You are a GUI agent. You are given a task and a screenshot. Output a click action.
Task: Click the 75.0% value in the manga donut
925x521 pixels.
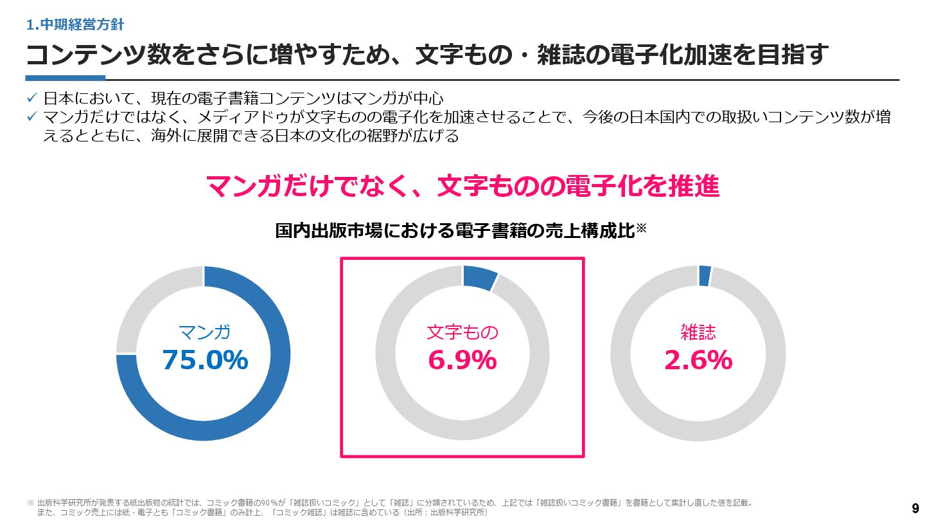[205, 360]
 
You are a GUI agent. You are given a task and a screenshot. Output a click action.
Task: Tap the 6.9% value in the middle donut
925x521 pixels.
[462, 360]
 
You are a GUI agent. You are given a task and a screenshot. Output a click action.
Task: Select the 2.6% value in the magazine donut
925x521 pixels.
[698, 360]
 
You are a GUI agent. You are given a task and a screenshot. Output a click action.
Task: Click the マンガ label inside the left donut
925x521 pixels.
[204, 333]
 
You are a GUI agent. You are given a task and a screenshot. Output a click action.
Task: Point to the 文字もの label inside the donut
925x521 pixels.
[462, 333]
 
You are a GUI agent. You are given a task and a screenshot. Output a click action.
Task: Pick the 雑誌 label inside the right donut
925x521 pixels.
[698, 332]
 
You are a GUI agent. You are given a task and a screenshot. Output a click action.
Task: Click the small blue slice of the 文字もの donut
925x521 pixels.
[479, 277]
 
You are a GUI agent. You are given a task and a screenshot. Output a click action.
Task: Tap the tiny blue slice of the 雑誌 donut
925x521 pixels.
[705, 276]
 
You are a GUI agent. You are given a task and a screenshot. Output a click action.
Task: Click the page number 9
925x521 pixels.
[915, 506]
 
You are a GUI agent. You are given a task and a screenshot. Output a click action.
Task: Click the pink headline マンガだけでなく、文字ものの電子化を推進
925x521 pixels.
[462, 187]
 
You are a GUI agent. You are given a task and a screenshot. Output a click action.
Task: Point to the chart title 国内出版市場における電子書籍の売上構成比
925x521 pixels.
[455, 231]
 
